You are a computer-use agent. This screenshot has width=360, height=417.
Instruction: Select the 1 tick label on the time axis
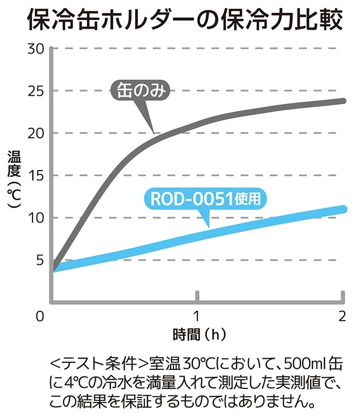[197, 317]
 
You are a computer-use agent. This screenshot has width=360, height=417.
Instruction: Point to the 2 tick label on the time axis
[342, 317]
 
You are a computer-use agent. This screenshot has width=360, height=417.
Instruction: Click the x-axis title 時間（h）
[196, 335]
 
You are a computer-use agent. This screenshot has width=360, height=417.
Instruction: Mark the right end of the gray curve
[344, 101]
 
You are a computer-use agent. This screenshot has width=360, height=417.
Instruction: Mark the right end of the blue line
[343, 209]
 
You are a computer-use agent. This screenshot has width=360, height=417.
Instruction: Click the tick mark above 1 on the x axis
[197, 296]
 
